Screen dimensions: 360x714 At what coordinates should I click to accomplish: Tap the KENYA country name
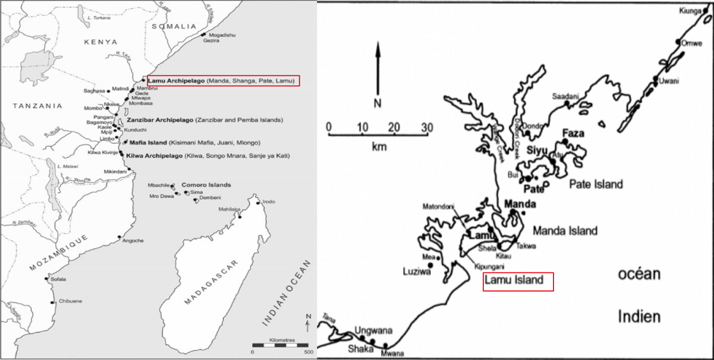point(100,42)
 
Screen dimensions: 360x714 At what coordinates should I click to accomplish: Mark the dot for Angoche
point(119,237)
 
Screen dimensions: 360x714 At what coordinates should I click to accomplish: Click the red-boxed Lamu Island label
point(518,281)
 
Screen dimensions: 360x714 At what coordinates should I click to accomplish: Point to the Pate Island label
point(595,184)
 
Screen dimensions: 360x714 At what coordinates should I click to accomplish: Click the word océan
point(639,274)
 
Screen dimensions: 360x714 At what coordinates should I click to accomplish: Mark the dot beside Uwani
point(655,79)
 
